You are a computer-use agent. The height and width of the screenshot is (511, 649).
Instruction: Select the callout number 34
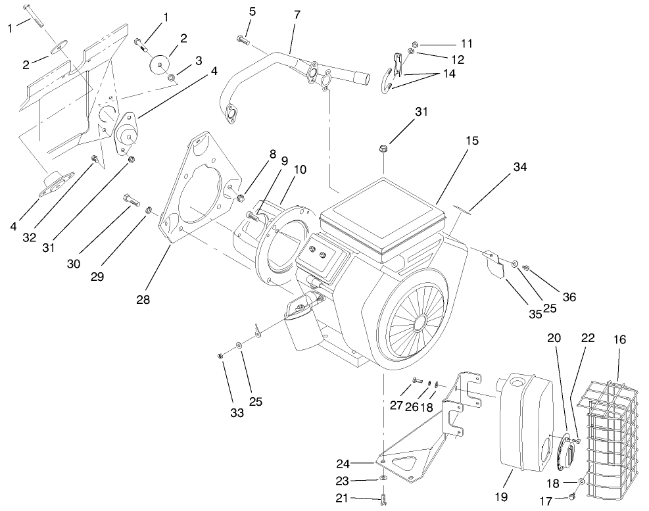(x=520, y=168)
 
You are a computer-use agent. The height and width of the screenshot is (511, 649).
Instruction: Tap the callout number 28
(x=143, y=299)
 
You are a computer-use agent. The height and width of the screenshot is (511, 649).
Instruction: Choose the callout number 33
(x=237, y=412)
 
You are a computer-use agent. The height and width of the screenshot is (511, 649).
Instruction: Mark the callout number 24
(x=362, y=462)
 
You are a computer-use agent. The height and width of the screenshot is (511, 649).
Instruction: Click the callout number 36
(x=569, y=297)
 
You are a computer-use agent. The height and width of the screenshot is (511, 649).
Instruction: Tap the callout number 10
(x=300, y=170)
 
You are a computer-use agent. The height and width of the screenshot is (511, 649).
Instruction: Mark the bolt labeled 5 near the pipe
(x=241, y=40)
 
